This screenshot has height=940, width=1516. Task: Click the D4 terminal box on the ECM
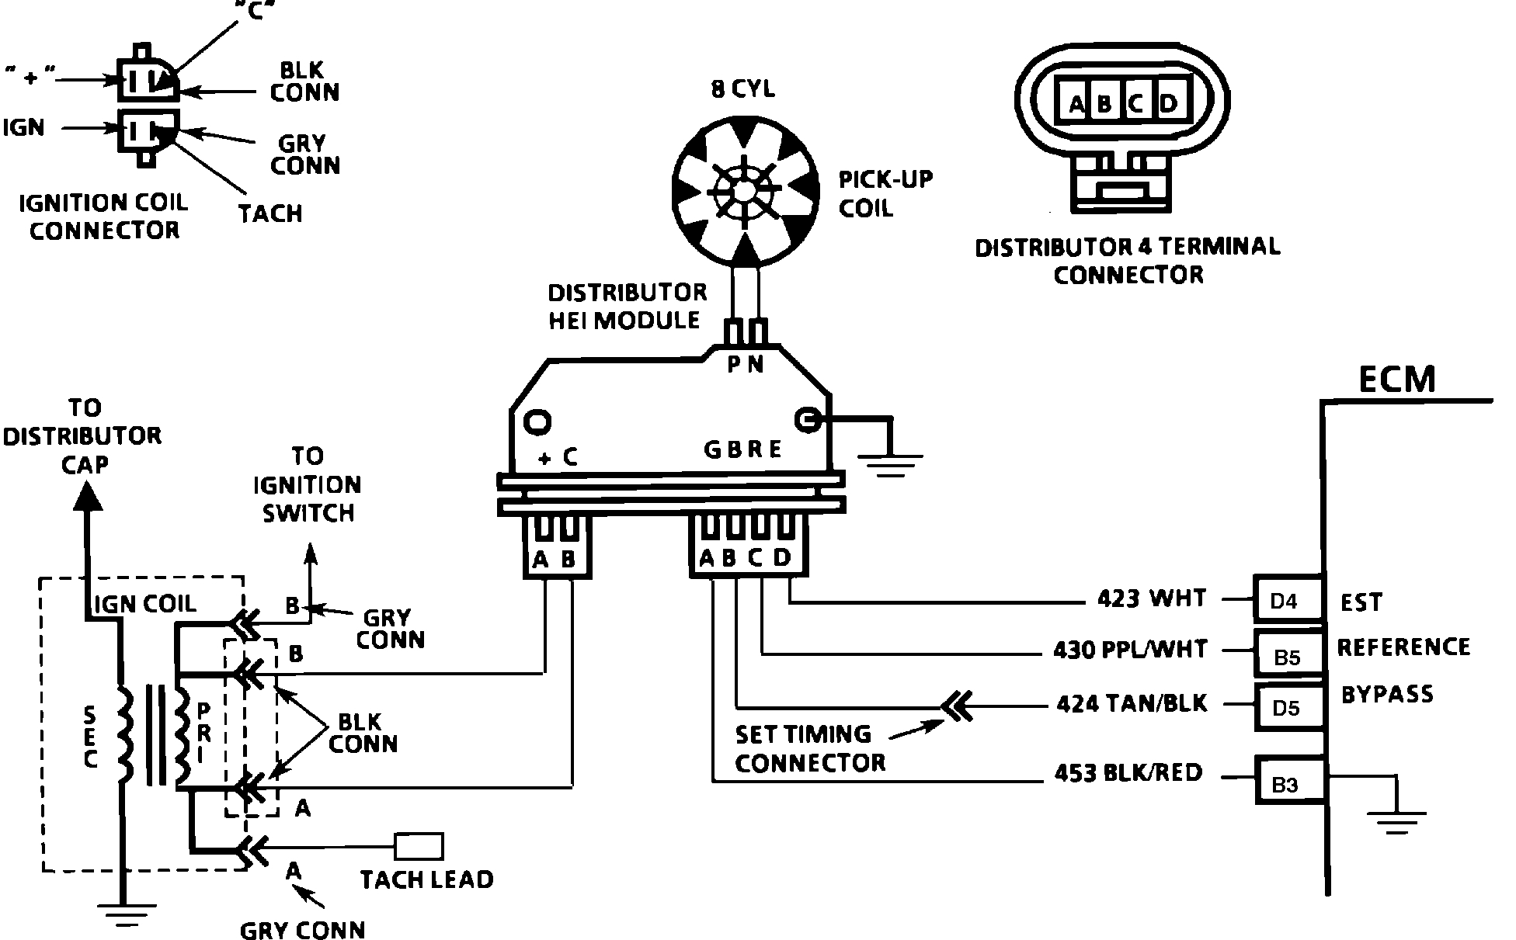(1288, 598)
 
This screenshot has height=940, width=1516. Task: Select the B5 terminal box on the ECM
(1288, 653)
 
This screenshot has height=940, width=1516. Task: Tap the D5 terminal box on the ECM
(1288, 706)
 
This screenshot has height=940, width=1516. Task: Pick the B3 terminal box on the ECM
(1288, 780)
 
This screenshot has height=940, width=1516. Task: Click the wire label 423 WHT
(1152, 598)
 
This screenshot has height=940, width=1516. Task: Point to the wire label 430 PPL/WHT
(1130, 649)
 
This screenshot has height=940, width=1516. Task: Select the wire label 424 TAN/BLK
(1132, 703)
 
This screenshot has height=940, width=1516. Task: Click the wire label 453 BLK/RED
(1128, 773)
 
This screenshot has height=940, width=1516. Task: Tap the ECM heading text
(1396, 380)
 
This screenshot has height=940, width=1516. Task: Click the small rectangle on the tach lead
(419, 846)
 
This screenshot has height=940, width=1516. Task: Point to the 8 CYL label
(742, 89)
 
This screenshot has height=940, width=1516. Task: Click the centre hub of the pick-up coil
(744, 190)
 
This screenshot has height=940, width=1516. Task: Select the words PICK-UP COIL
(885, 194)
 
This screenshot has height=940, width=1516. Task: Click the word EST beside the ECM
(1361, 602)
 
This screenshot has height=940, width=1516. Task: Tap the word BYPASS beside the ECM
(1387, 694)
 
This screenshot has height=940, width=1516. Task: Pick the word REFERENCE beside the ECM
(1403, 647)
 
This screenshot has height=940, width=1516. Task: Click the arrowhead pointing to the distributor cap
(87, 494)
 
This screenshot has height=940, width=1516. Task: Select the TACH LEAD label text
(426, 879)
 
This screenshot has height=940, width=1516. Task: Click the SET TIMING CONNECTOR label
(810, 748)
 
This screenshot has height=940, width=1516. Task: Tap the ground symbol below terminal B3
(1396, 822)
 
